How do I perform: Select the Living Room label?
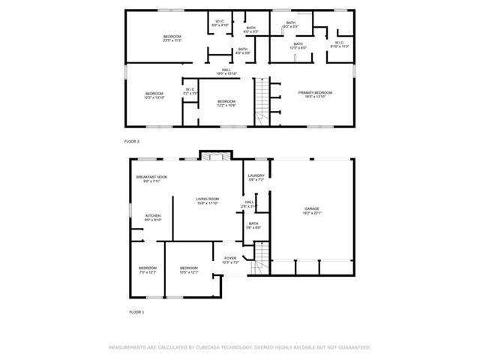click(x=207, y=200)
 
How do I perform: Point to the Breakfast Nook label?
click(x=151, y=178)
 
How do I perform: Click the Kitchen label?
click(x=152, y=217)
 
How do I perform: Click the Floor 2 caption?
click(x=132, y=141)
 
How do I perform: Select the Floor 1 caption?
click(x=136, y=311)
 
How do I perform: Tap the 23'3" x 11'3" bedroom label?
click(x=172, y=38)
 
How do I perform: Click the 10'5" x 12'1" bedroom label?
click(x=188, y=269)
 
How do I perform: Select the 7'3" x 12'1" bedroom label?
click(x=147, y=269)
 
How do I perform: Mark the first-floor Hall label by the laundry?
click(x=249, y=203)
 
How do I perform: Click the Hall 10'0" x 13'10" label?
click(x=226, y=72)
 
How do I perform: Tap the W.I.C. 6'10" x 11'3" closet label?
click(x=339, y=44)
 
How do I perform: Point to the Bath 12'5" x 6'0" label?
click(x=298, y=46)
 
